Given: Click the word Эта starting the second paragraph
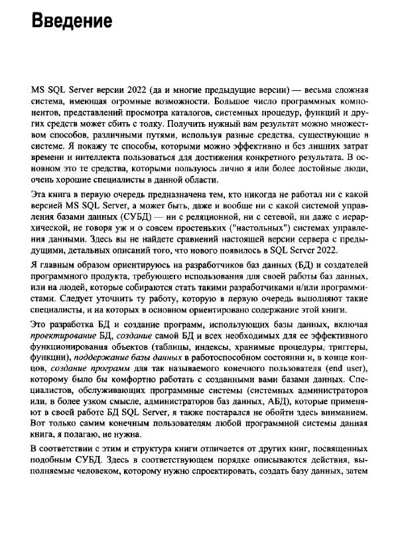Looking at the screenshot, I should pos(40,194).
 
